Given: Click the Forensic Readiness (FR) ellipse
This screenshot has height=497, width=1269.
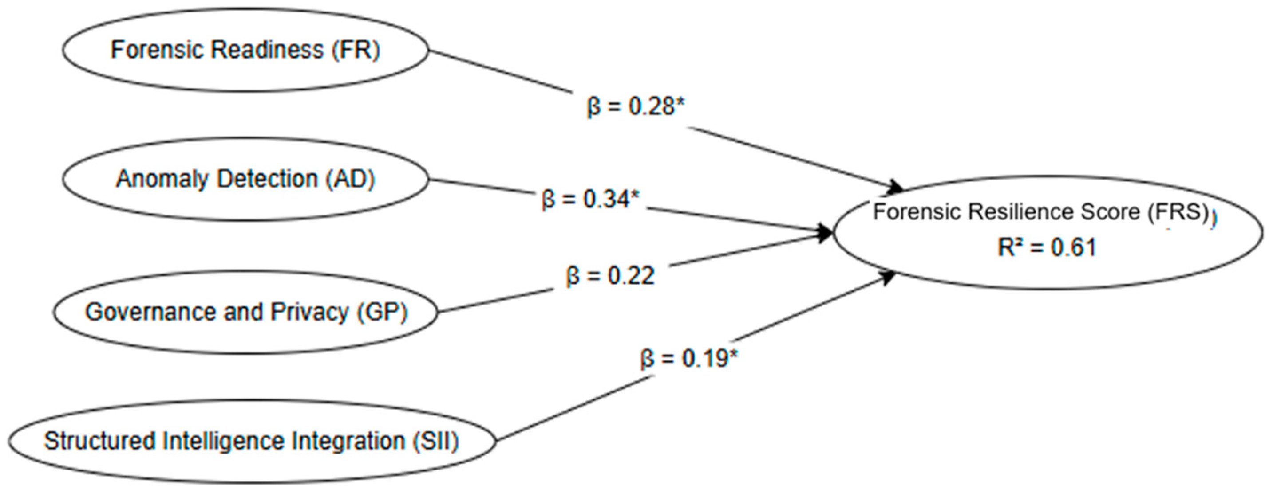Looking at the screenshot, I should coord(245,50).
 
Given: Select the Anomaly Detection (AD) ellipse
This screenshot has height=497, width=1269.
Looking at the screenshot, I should coord(245,179).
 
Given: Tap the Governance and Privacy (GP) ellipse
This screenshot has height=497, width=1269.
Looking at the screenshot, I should coord(245,312).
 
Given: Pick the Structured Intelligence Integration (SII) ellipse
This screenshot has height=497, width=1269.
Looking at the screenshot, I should coord(251,441).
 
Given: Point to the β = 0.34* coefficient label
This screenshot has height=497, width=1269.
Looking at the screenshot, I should coord(590,200).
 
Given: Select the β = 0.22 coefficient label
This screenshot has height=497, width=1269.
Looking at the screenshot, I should coord(610,276).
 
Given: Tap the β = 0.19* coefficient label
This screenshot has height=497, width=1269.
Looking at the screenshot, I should coord(690,358).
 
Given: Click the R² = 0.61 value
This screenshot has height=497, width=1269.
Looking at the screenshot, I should coord(1047,247).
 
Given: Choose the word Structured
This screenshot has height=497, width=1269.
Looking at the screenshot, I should coord(99,441).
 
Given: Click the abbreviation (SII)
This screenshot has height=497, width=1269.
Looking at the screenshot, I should coord(435,441).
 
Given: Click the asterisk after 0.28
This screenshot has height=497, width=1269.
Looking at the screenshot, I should coord(680,102).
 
